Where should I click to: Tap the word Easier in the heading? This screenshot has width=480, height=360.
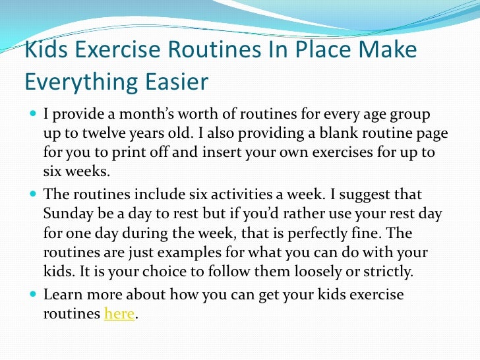(175, 82)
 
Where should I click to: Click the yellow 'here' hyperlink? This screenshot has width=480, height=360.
(119, 315)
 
